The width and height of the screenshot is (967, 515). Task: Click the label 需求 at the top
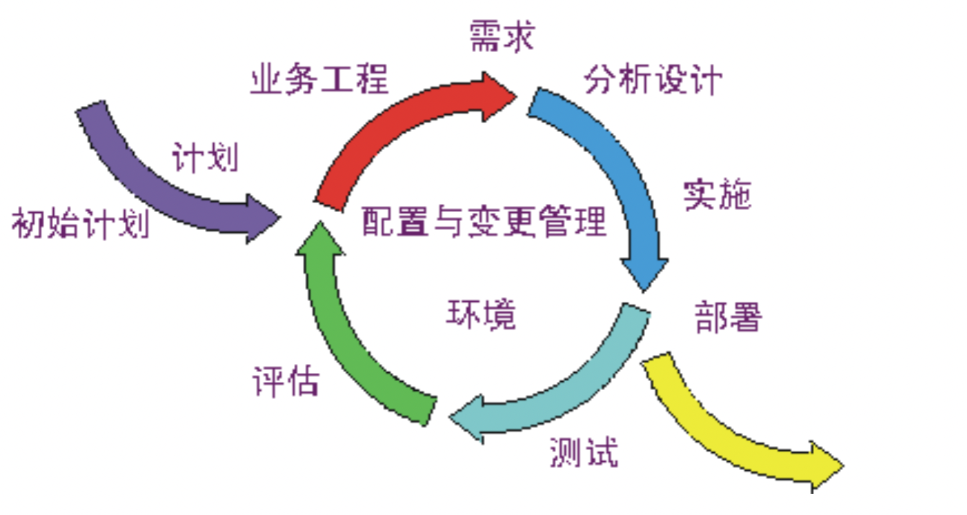click(x=501, y=37)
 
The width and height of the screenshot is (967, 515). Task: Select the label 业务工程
click(x=319, y=79)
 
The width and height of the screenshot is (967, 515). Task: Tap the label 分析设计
click(x=653, y=80)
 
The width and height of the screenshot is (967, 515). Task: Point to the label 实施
click(x=717, y=195)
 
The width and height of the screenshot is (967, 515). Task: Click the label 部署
click(x=728, y=317)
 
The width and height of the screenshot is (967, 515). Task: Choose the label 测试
click(x=584, y=452)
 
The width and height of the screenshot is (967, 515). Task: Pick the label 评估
click(x=285, y=382)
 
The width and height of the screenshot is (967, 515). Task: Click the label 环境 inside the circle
click(x=481, y=314)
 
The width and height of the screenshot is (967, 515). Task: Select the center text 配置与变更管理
click(x=483, y=222)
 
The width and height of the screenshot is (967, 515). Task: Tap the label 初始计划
click(x=81, y=223)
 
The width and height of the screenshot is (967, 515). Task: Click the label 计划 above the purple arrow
click(x=205, y=157)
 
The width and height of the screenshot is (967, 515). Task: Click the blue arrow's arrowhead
click(x=644, y=274)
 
